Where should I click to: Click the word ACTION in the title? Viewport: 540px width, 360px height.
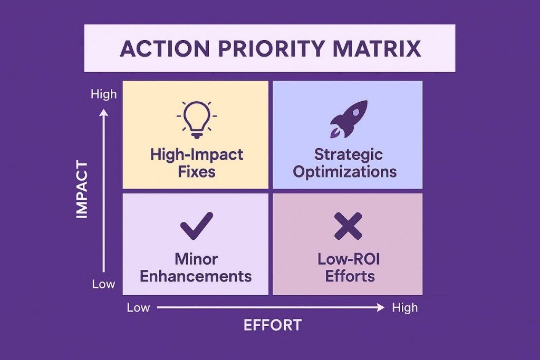point(165,48)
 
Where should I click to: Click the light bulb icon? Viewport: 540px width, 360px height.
point(197,120)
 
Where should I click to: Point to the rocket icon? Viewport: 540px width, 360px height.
point(349,119)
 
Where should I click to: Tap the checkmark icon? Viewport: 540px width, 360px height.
point(197,226)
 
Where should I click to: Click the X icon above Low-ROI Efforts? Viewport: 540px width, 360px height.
point(348,226)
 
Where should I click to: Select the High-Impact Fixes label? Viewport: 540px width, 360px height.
point(197,163)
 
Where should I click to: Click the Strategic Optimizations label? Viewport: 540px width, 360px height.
point(345,163)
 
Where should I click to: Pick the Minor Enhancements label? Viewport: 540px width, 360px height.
point(196,268)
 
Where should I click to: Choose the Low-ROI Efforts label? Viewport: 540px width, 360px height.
point(349,268)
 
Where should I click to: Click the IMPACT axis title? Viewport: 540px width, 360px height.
point(82,189)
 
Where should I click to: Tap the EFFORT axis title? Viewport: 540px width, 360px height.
point(273,325)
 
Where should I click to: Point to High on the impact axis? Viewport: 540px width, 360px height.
point(104,94)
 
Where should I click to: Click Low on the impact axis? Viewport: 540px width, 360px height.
point(103,284)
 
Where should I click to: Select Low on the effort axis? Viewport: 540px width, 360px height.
point(138,307)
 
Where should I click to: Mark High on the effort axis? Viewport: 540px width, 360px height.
point(404,307)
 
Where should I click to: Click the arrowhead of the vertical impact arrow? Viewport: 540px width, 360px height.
point(104,113)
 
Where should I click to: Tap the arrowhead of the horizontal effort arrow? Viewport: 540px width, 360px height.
point(381,307)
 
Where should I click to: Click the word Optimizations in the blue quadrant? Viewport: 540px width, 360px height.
point(345,172)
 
